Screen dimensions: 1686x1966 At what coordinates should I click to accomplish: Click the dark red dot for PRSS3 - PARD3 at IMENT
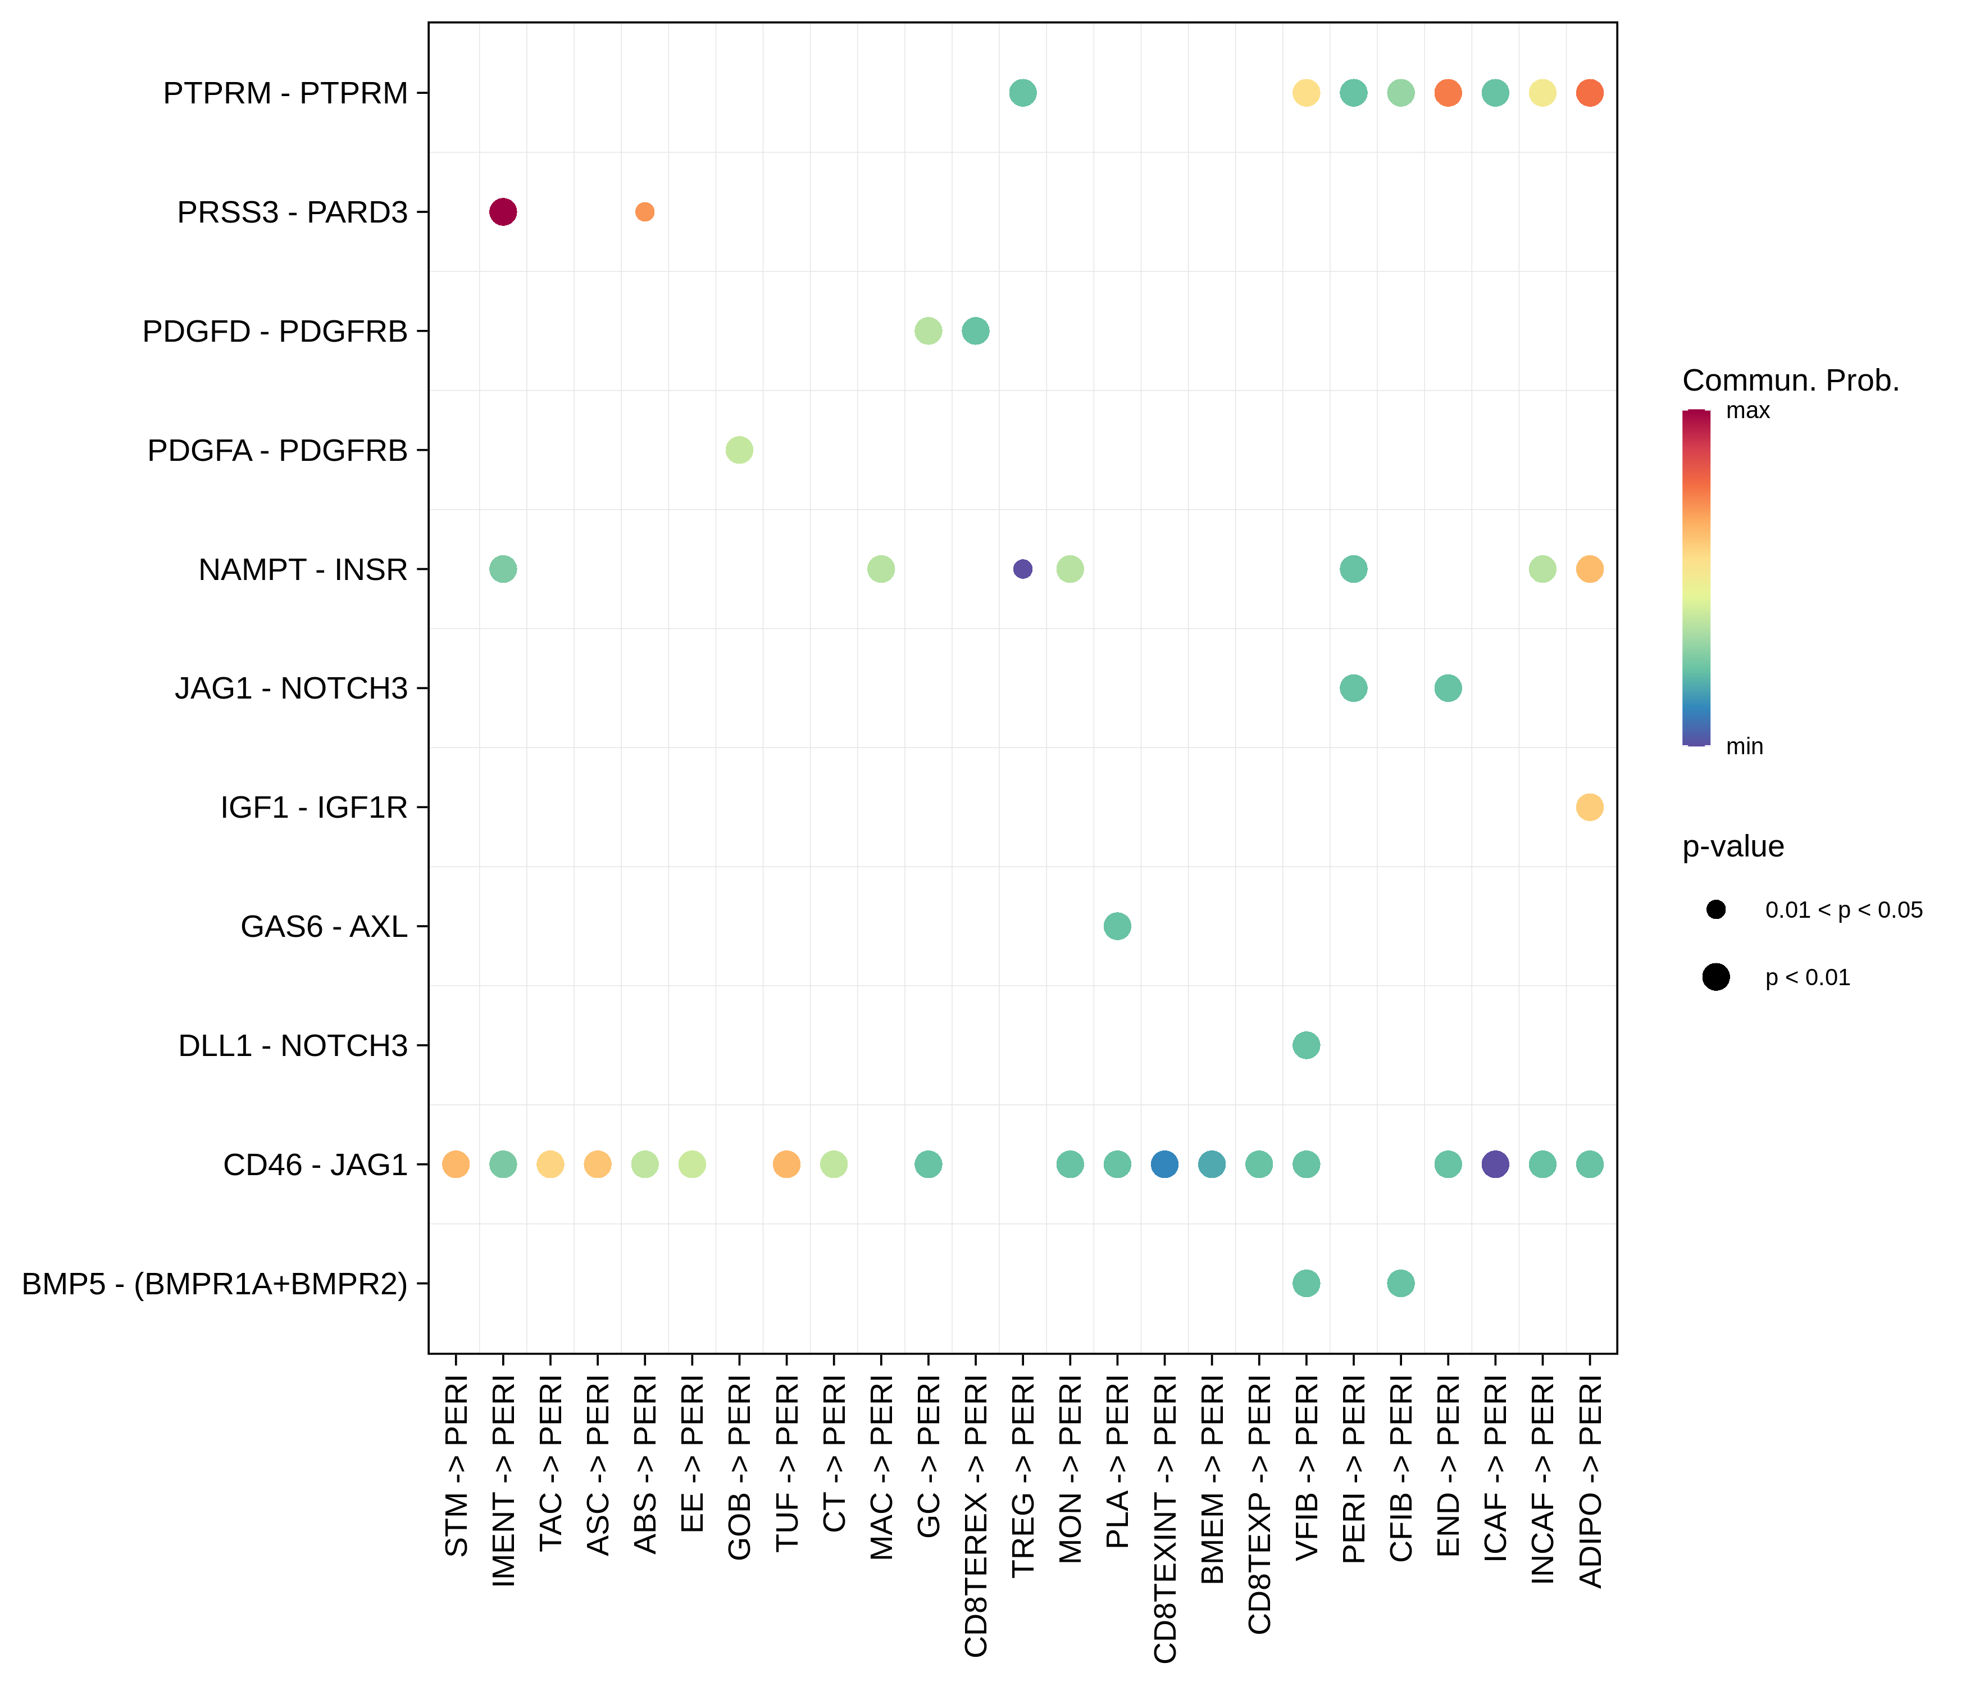coord(503,212)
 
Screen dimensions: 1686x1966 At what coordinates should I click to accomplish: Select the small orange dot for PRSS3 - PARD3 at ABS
coord(644,212)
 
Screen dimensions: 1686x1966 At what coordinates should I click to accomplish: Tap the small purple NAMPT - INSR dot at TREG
coord(1022,569)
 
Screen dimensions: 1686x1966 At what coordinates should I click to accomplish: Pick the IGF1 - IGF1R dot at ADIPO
coord(1589,807)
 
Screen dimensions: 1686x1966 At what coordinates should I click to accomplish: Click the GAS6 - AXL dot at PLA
coord(1117,926)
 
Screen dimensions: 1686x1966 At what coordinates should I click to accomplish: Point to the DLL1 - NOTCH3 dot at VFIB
coord(1305,1045)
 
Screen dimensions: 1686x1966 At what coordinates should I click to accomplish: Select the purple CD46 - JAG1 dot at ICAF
coord(1494,1164)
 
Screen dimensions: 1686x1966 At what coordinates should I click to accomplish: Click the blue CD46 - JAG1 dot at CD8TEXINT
coord(1164,1164)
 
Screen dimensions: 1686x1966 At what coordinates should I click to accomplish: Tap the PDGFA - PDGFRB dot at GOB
coord(739,450)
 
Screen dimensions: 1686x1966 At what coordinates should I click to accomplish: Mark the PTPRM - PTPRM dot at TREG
coord(1022,93)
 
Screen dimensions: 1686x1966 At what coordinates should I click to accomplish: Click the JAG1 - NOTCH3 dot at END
coord(1447,687)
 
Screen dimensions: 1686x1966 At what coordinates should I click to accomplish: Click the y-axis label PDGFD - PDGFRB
coord(275,332)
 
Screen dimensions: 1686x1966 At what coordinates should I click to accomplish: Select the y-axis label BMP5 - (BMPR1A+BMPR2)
coord(215,1284)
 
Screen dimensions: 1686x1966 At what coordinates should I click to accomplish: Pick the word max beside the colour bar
coord(1747,411)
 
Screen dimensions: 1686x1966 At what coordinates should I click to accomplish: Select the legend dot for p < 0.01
coord(1715,977)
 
